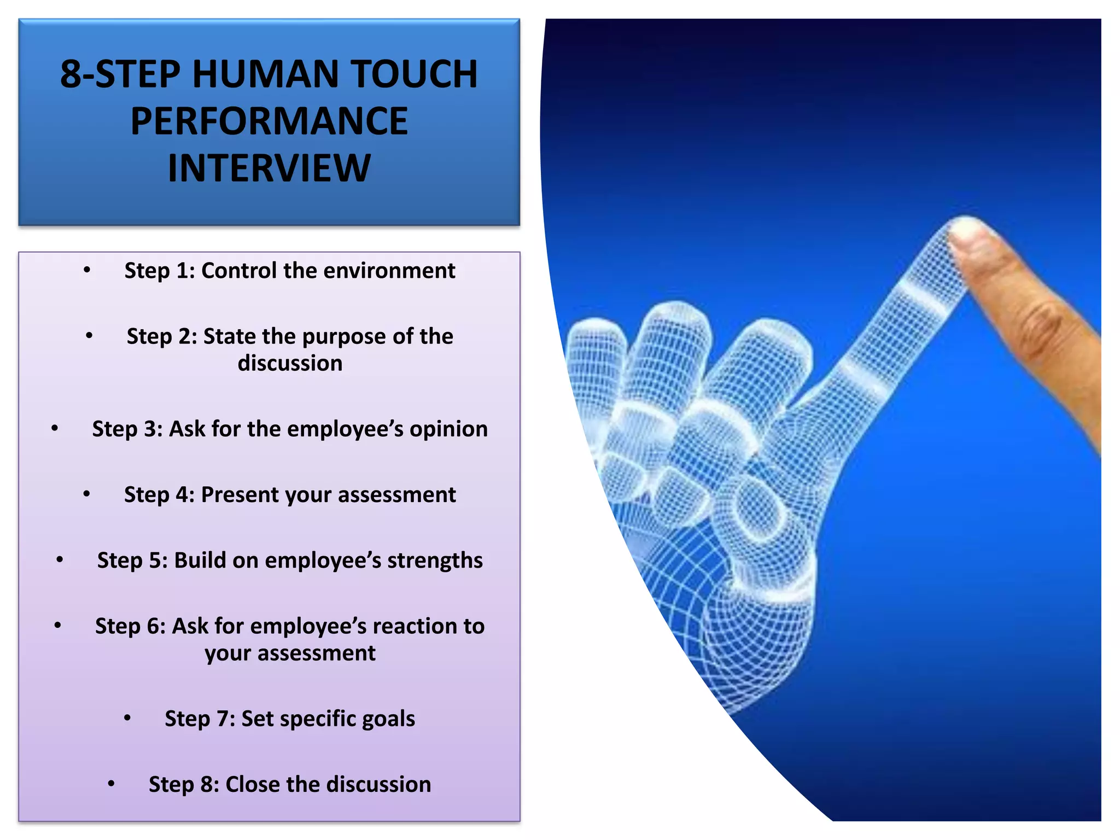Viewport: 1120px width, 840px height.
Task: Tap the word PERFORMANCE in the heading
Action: tap(269, 121)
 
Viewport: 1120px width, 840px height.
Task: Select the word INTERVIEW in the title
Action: tap(269, 168)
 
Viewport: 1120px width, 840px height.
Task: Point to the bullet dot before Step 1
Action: tap(87, 270)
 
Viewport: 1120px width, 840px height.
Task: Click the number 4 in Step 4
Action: tap(182, 495)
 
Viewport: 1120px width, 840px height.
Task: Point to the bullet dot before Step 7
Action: tap(127, 717)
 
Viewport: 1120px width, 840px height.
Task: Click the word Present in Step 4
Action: tap(240, 495)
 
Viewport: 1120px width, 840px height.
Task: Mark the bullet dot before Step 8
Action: tap(111, 784)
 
